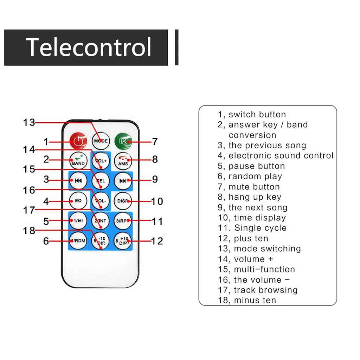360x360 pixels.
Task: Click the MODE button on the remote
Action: pyautogui.click(x=101, y=141)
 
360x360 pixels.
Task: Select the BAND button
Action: pyautogui.click(x=78, y=161)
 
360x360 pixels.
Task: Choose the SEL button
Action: pyautogui.click(x=101, y=181)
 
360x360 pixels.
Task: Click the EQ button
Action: pyautogui.click(x=78, y=200)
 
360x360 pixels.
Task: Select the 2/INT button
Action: pyautogui.click(x=101, y=221)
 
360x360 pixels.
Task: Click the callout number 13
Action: pyautogui.click(x=29, y=122)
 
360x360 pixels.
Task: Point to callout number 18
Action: pyautogui.click(x=29, y=230)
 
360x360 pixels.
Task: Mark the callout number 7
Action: pyautogui.click(x=155, y=142)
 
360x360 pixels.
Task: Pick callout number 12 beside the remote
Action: pyautogui.click(x=157, y=241)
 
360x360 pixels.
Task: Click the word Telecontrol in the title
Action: pyautogui.click(x=88, y=47)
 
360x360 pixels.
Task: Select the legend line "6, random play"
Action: pyautogui.click(x=250, y=176)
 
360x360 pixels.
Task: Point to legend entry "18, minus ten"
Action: pyautogui.click(x=247, y=301)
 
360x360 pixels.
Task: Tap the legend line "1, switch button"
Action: pyautogui.click(x=252, y=115)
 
